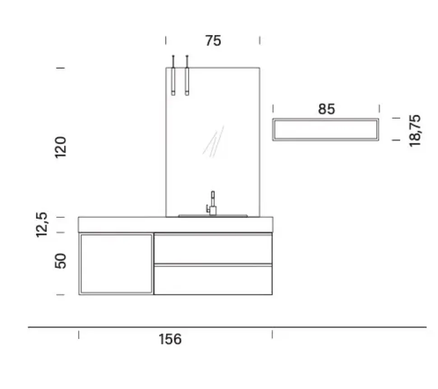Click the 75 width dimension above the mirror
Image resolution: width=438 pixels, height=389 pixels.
coord(213,41)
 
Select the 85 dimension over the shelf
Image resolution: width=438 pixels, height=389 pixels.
coord(326,109)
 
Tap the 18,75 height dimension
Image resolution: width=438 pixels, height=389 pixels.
coord(415,130)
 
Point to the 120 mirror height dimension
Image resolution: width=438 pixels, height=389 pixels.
coord(61,146)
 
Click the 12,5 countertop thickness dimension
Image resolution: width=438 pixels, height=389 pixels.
coord(42,224)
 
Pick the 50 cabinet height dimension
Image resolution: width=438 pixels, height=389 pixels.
coord(61,261)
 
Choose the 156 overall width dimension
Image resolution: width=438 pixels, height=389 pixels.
coord(170,339)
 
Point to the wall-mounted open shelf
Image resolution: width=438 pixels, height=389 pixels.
coord(326,129)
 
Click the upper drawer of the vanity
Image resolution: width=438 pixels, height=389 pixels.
coord(213,248)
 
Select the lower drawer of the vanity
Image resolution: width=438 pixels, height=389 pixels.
coord(213,280)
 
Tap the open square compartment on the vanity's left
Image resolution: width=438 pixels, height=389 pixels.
coord(116,264)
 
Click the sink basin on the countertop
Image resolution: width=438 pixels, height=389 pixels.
coord(213,215)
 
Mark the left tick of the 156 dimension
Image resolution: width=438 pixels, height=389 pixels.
coord(79,334)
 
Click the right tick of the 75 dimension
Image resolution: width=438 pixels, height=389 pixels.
coord(260,41)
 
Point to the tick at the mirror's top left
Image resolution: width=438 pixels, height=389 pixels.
coord(61,68)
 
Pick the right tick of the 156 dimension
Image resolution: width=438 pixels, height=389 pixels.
coord(272,334)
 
